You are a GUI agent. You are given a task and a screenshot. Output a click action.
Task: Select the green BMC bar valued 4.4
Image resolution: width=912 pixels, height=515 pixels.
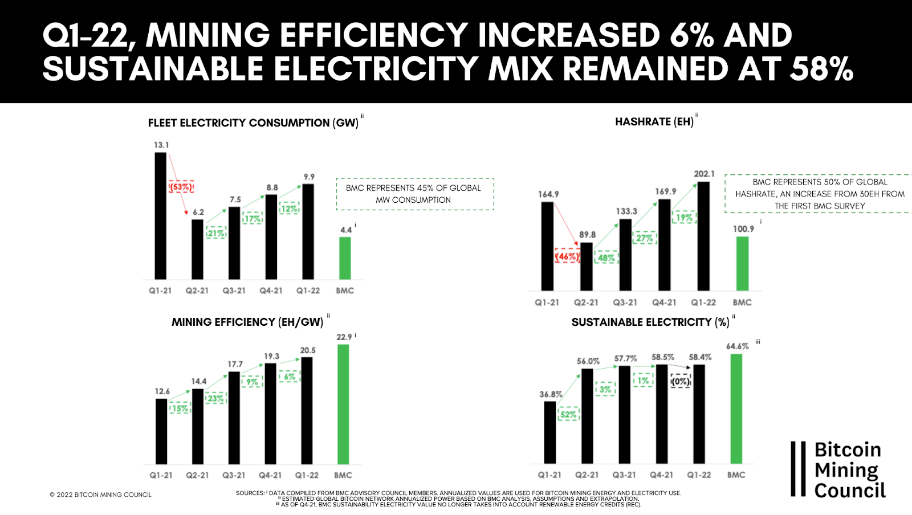coord(345,258)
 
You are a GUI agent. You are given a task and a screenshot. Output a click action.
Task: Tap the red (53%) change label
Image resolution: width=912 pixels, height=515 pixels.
coord(181,187)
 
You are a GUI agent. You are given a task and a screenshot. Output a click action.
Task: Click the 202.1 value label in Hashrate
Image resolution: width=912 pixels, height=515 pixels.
coord(704,174)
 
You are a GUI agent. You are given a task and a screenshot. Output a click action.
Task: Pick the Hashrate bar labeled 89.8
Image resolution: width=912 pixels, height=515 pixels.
coord(586,267)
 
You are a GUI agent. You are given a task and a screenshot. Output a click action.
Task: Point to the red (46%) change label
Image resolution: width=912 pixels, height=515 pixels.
coord(567,256)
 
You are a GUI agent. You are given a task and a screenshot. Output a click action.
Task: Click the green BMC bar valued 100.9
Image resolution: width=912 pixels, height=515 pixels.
coord(742,263)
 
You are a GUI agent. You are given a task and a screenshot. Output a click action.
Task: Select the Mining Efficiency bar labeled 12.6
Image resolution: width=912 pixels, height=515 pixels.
coord(161,431)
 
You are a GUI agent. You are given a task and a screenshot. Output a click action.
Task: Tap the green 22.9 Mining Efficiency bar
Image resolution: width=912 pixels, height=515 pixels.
coord(343,404)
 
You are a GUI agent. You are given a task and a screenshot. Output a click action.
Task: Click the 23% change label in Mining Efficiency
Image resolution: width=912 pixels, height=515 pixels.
coord(215,398)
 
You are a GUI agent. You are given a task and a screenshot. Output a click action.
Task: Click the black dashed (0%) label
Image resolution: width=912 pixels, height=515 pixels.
coord(681,381)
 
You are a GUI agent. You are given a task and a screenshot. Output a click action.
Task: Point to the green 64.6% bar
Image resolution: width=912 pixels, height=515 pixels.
coord(736,408)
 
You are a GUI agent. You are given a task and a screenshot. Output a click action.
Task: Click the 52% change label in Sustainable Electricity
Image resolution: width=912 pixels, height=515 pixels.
coord(568,414)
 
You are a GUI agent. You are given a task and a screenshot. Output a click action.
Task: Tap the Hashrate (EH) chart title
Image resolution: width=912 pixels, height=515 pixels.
coord(654,122)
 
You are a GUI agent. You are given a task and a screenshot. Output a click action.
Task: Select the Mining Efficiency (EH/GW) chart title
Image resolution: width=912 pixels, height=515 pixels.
coord(247,322)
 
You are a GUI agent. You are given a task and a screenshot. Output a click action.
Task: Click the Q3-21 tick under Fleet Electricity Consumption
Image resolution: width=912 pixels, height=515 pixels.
coord(234,291)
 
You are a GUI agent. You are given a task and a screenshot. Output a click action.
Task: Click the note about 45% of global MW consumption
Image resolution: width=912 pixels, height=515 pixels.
coord(414,194)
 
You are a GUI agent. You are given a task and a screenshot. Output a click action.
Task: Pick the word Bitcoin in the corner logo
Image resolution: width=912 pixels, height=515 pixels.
coord(848,450)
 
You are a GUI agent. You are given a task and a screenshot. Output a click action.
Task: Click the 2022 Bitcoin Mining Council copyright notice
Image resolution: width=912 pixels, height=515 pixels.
coord(101,494)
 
